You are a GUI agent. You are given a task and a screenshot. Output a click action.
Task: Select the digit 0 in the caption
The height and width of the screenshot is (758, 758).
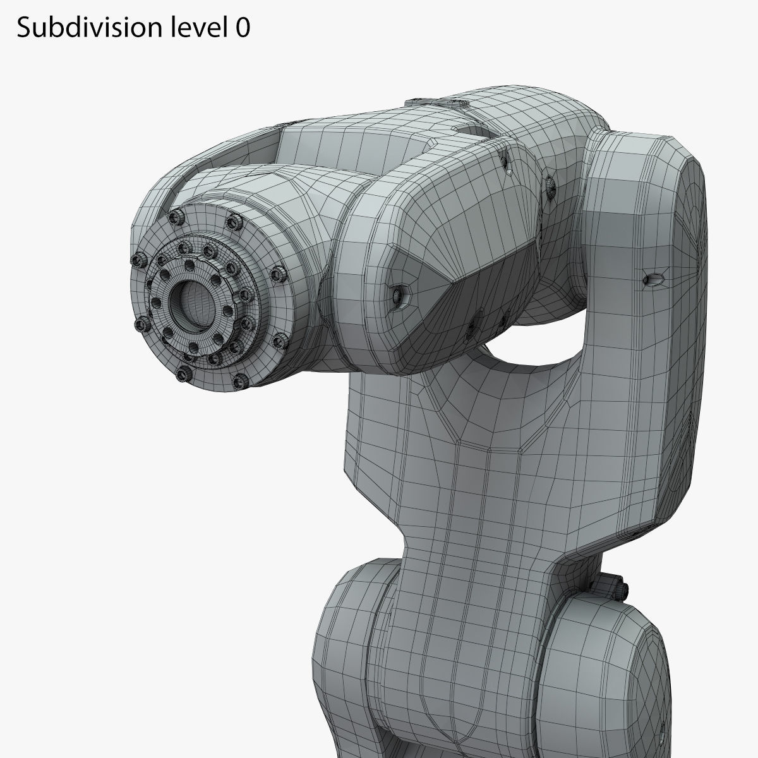(x=243, y=28)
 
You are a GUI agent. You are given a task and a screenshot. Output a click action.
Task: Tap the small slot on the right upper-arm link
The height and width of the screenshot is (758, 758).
(x=653, y=279)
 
